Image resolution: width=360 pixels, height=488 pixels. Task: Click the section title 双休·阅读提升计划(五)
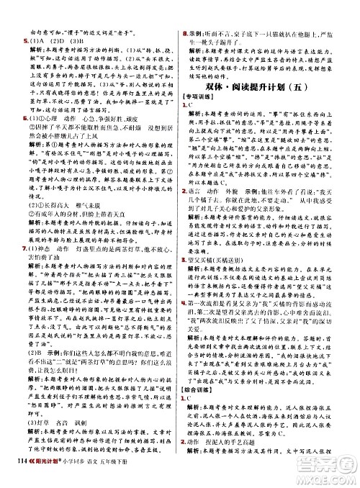pos(271,87)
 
